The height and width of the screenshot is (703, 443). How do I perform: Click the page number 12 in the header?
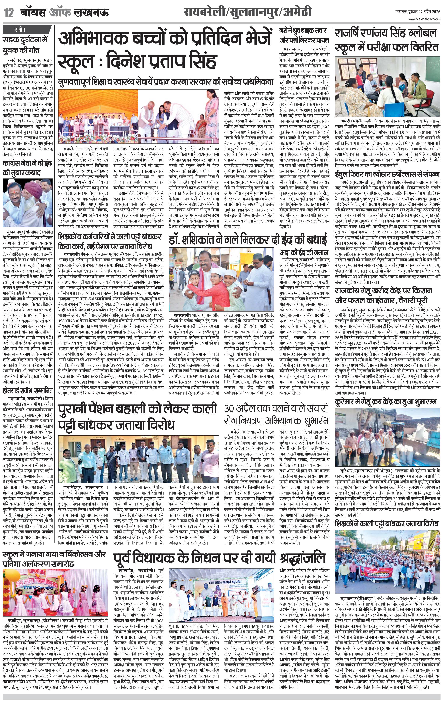(x=9, y=13)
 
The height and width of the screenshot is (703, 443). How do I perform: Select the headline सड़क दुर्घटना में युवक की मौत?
(x=25, y=45)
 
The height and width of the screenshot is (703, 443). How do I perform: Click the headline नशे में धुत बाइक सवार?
(x=303, y=31)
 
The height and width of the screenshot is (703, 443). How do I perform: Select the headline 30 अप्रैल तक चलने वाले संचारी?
(x=276, y=408)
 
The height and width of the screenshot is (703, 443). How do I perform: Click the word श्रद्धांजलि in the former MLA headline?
(x=302, y=558)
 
